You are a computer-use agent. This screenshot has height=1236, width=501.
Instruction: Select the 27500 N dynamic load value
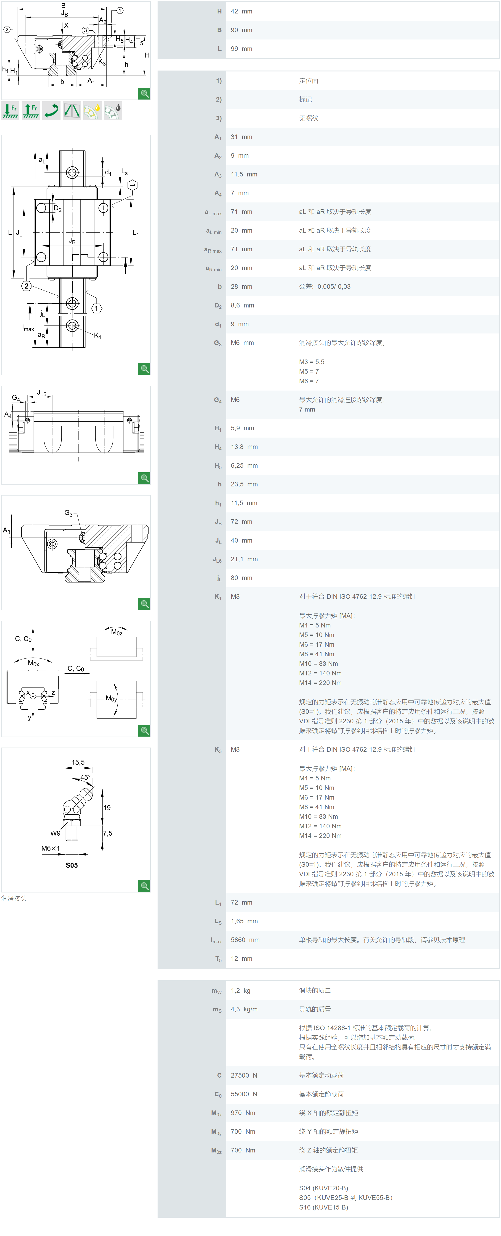coord(244,1075)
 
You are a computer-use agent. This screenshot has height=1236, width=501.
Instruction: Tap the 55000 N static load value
coord(244,1094)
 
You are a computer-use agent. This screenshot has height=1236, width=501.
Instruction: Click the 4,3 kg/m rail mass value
coord(244,1009)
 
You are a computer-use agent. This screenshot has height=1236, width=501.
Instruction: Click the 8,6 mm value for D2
coord(242,305)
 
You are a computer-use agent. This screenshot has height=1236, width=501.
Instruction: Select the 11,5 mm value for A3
coord(244,174)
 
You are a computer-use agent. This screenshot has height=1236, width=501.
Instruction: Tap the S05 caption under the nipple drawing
coord(71,865)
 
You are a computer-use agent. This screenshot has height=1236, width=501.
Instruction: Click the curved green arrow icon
coord(51,110)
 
